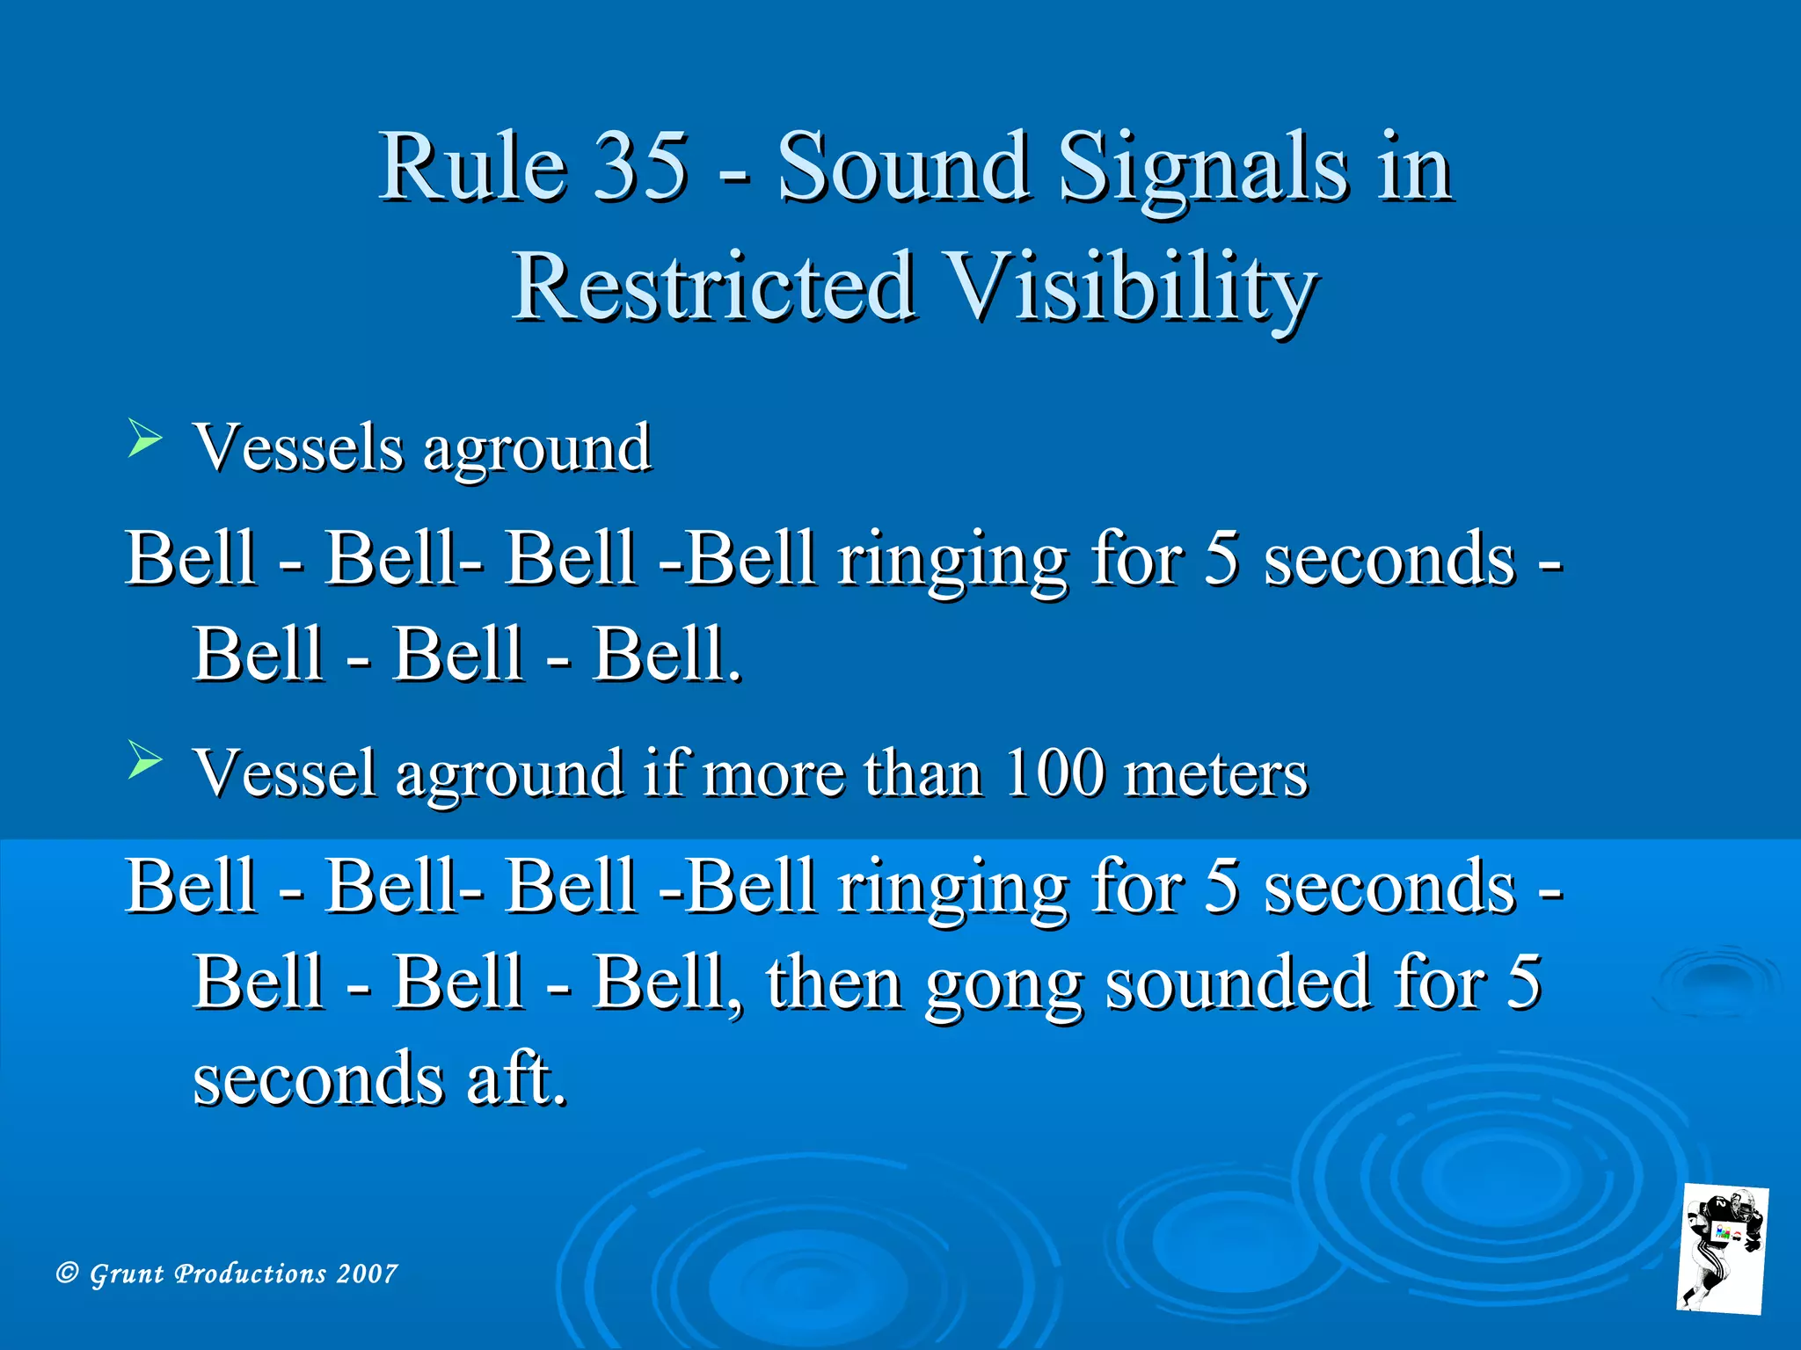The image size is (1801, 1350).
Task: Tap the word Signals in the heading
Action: click(1201, 167)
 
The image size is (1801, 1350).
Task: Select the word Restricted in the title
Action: click(712, 287)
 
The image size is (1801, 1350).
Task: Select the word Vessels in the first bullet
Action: click(298, 447)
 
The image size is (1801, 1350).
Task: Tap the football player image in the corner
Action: click(1723, 1248)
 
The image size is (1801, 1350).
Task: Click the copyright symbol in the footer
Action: click(67, 1273)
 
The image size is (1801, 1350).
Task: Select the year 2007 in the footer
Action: click(367, 1274)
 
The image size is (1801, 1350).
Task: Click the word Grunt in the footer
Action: click(127, 1274)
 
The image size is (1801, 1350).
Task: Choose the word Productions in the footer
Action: click(251, 1274)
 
